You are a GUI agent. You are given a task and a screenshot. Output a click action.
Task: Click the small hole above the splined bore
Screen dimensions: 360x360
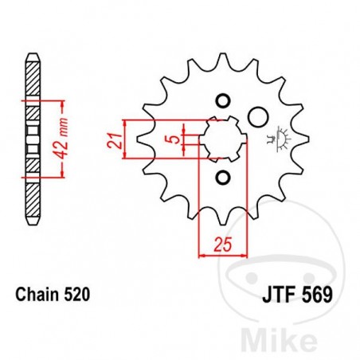222,100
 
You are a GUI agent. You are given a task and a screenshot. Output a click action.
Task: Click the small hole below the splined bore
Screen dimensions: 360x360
222,177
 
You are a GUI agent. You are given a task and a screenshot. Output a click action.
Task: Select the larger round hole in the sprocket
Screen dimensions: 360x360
256,117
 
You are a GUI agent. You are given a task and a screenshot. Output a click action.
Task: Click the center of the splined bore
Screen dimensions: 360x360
222,139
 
